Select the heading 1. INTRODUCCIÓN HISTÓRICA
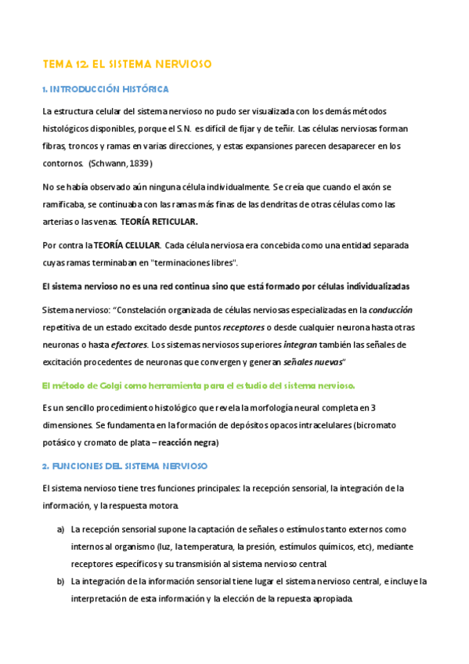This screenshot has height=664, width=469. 105,89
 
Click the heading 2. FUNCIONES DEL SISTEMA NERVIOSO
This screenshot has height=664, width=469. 124,466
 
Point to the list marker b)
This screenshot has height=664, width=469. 60,581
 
